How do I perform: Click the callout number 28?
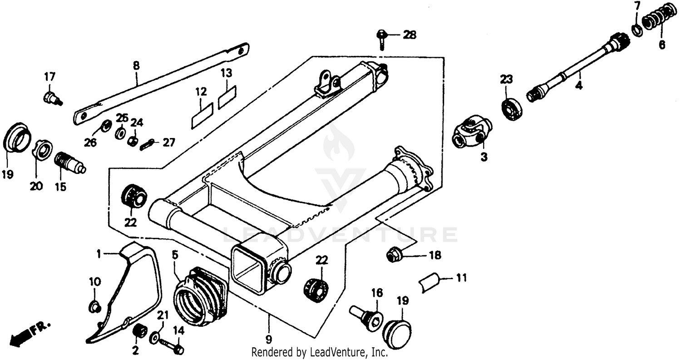click(x=410, y=35)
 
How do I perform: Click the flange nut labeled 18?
click(x=393, y=256)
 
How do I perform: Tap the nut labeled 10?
click(x=94, y=307)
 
